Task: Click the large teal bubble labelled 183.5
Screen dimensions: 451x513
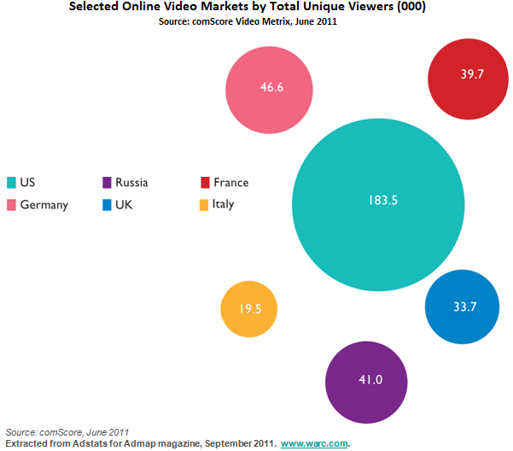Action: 378,202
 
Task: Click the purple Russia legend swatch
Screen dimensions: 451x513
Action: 106,182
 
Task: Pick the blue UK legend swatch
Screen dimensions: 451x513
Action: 106,204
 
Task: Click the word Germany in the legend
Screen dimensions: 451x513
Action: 44,205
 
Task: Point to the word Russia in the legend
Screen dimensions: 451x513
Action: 131,183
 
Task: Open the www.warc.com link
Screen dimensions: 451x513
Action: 315,443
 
